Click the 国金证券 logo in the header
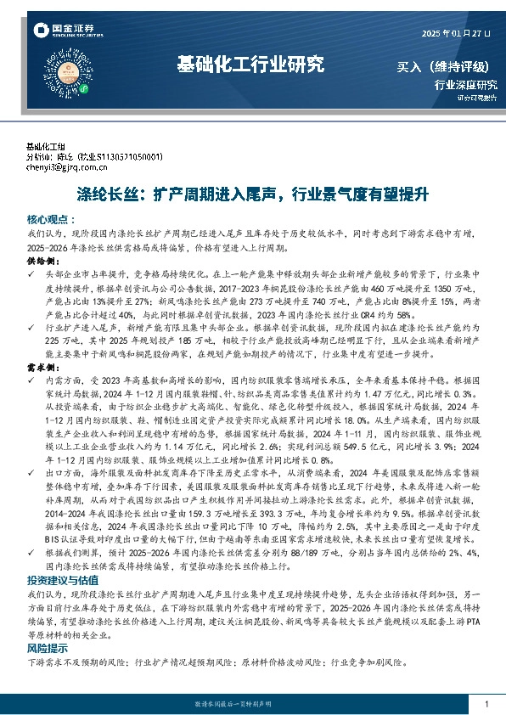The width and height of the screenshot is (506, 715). pos(64,31)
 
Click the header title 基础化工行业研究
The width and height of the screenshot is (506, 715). pos(250,64)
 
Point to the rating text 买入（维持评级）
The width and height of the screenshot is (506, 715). pos(448,65)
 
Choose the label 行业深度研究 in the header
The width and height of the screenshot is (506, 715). pos(466,85)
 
